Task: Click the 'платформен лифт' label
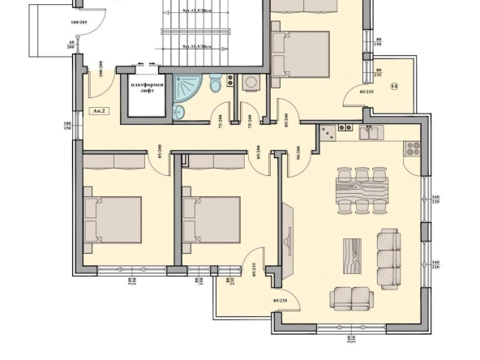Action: click(x=146, y=88)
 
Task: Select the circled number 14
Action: click(x=394, y=87)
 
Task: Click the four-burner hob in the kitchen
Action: click(x=412, y=148)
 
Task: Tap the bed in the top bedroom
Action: click(x=300, y=52)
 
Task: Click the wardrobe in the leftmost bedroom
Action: click(x=114, y=161)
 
